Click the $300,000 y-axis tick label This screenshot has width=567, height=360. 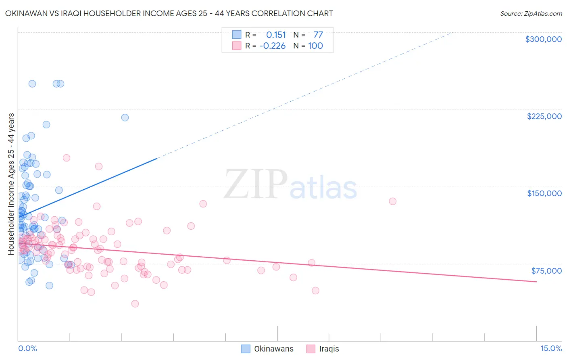point(543,39)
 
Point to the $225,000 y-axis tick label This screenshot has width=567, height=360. point(544,116)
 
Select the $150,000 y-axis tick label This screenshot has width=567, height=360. point(544,193)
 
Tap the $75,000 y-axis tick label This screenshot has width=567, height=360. point(546,271)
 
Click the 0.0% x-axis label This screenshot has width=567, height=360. point(27,348)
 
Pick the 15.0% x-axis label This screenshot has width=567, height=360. point(551,348)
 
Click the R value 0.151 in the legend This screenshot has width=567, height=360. point(276,35)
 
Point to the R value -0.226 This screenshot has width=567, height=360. point(272,46)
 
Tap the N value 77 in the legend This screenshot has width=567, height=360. point(318,35)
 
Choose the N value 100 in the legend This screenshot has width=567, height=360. point(315,46)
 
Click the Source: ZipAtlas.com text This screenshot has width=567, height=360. point(531,14)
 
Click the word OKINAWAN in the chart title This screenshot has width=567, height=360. point(25,13)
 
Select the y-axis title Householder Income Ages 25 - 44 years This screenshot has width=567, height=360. point(11,184)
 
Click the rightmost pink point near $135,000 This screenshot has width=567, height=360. point(392,201)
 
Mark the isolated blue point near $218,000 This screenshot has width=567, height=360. point(125,117)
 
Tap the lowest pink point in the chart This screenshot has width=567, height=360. point(135,303)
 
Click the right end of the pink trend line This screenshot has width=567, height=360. point(536,282)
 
